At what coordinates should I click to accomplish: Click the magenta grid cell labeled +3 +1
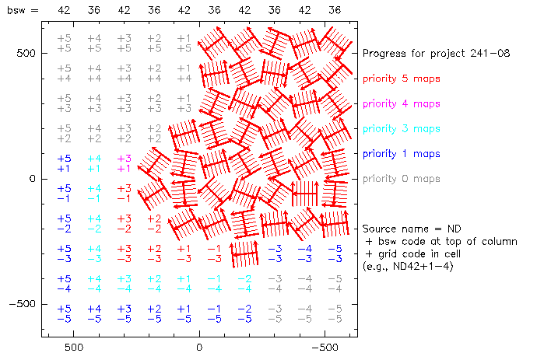pos(124,163)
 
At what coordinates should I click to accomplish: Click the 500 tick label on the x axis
pos(72,348)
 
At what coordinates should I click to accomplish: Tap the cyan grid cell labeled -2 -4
pos(244,283)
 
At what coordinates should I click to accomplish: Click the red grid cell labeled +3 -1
pos(124,193)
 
